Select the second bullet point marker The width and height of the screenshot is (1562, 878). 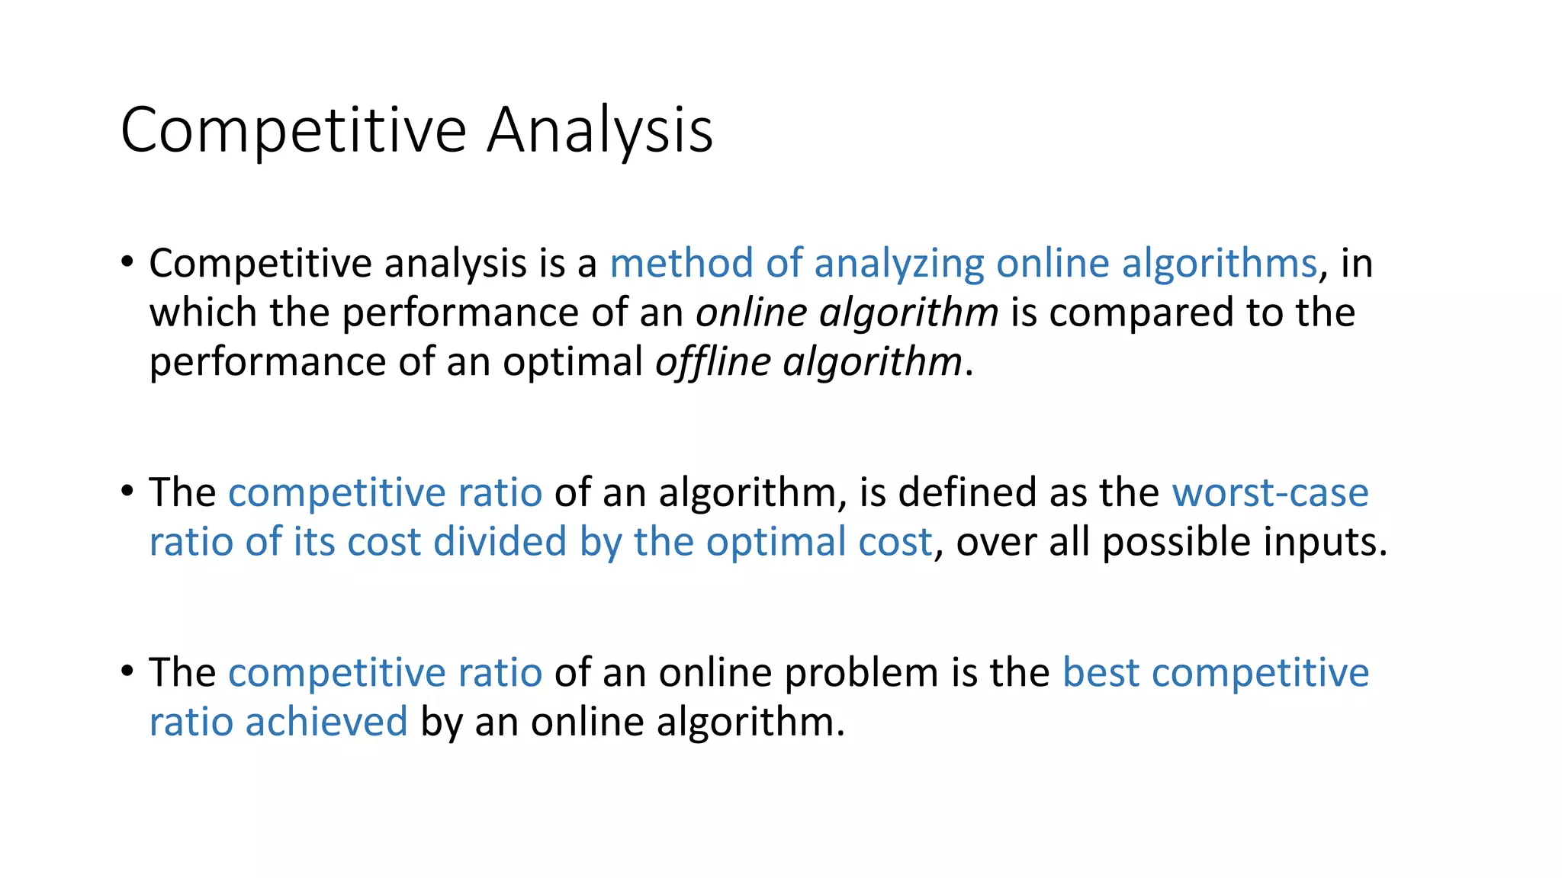(x=127, y=492)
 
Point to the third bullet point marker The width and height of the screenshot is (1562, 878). (x=127, y=672)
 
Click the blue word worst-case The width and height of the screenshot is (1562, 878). (x=1270, y=492)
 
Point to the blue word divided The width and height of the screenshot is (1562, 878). (x=500, y=542)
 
